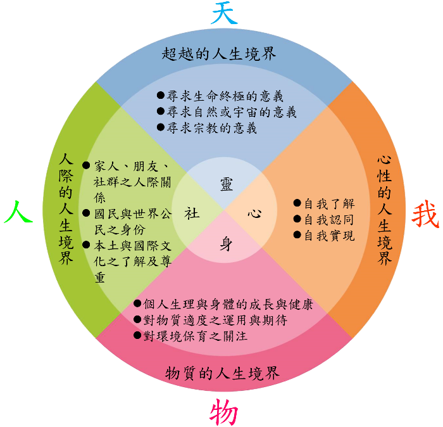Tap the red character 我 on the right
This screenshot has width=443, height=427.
(425, 215)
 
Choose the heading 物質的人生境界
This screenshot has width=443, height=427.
(222, 373)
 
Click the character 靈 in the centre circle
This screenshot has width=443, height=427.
(226, 184)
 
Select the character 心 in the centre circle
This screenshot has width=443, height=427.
(254, 213)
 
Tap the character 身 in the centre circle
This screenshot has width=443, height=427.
(225, 244)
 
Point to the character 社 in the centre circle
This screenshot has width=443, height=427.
(192, 213)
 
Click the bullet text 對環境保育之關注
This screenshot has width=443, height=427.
(194, 336)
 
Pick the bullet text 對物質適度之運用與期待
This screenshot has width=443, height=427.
(216, 320)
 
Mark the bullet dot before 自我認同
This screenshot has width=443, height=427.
(297, 219)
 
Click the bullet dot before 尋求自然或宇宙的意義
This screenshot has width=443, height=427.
(161, 112)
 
